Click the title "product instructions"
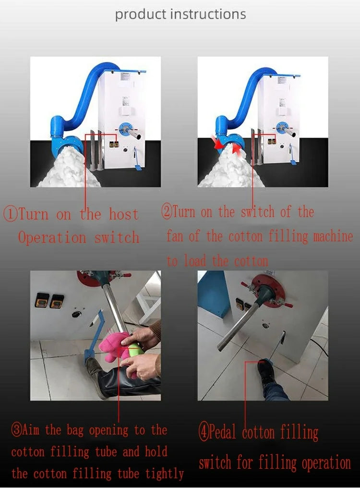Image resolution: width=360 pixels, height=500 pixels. click(x=180, y=15)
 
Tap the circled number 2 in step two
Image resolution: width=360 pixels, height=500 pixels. click(x=167, y=211)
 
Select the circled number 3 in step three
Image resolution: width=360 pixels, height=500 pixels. click(x=17, y=430)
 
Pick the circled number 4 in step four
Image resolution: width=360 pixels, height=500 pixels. click(x=204, y=432)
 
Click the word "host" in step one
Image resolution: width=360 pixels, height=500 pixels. click(x=124, y=214)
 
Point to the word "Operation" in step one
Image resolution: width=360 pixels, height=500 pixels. click(x=52, y=238)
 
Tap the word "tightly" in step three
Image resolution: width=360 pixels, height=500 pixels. click(x=165, y=474)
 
